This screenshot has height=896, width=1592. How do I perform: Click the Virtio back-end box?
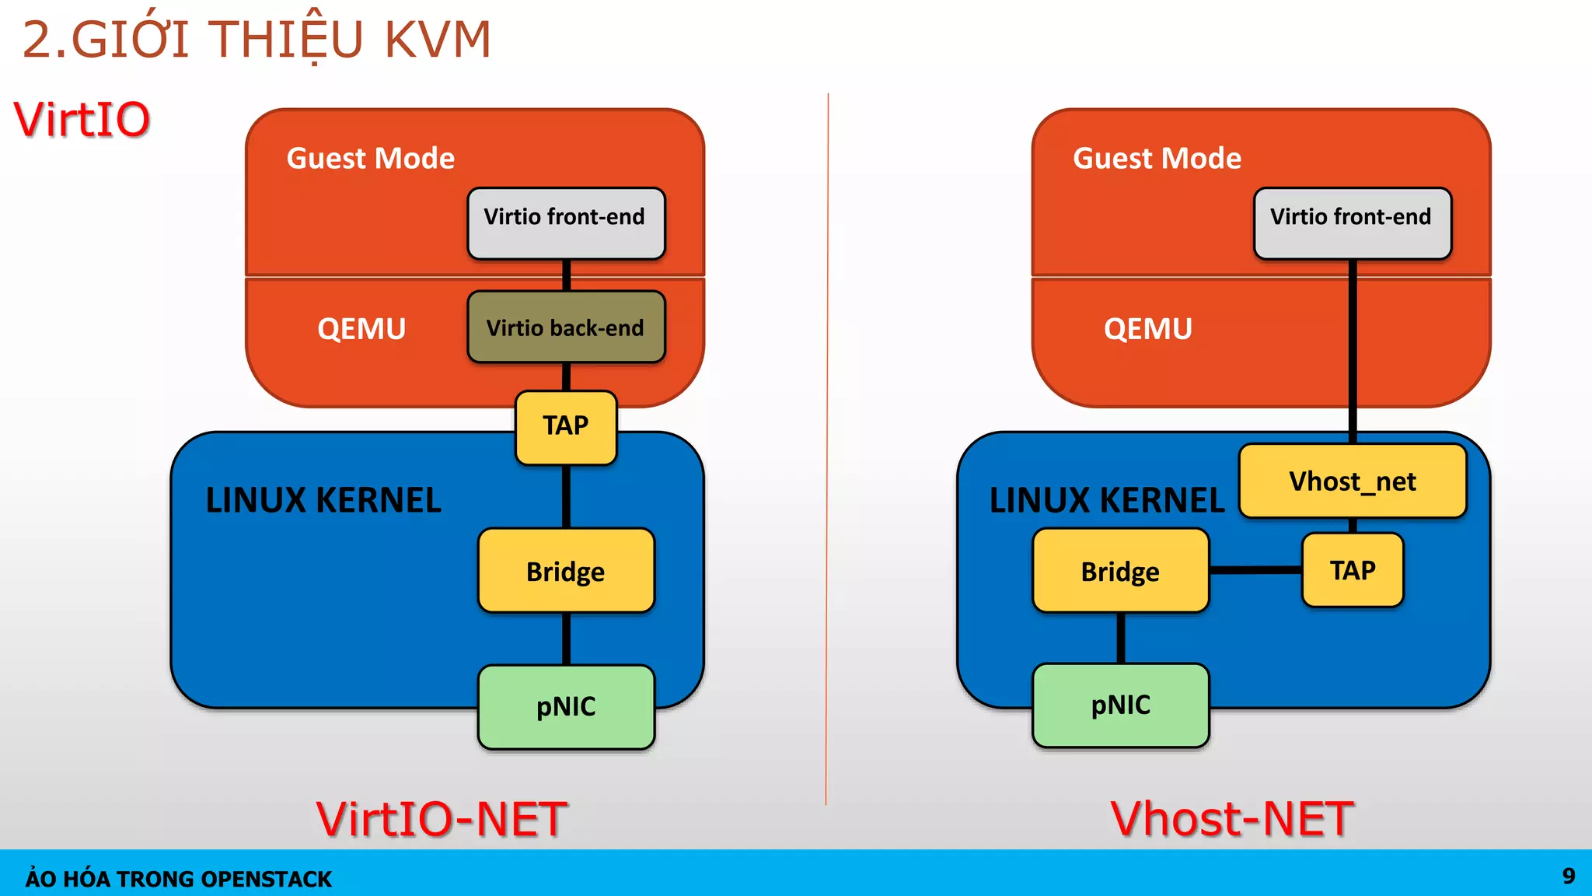point(566,327)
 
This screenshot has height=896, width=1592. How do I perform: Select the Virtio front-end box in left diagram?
point(566,223)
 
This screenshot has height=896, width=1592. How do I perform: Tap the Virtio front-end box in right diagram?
point(1353,223)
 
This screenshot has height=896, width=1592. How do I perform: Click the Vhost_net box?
point(1353,481)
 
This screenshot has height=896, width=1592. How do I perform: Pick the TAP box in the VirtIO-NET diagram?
point(566,427)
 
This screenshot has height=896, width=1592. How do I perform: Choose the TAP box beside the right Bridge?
point(1353,570)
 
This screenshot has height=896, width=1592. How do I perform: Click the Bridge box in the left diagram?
point(566,571)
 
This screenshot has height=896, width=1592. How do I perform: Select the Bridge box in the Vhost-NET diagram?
point(1120,571)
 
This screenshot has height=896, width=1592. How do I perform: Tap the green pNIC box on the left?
point(566,707)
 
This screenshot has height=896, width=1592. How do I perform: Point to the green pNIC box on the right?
point(1120,705)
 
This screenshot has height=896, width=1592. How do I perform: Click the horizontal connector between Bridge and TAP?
point(1255,570)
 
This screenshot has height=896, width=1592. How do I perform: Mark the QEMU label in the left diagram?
point(361,329)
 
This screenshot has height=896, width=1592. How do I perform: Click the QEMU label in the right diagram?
point(1148,329)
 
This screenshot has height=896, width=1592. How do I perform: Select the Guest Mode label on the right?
point(1157,159)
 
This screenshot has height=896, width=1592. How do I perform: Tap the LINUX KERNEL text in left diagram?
point(323,500)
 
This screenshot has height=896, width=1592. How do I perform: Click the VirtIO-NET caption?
point(442,819)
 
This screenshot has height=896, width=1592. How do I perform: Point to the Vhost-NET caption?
point(1232,819)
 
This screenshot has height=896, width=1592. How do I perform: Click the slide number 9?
point(1569,877)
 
